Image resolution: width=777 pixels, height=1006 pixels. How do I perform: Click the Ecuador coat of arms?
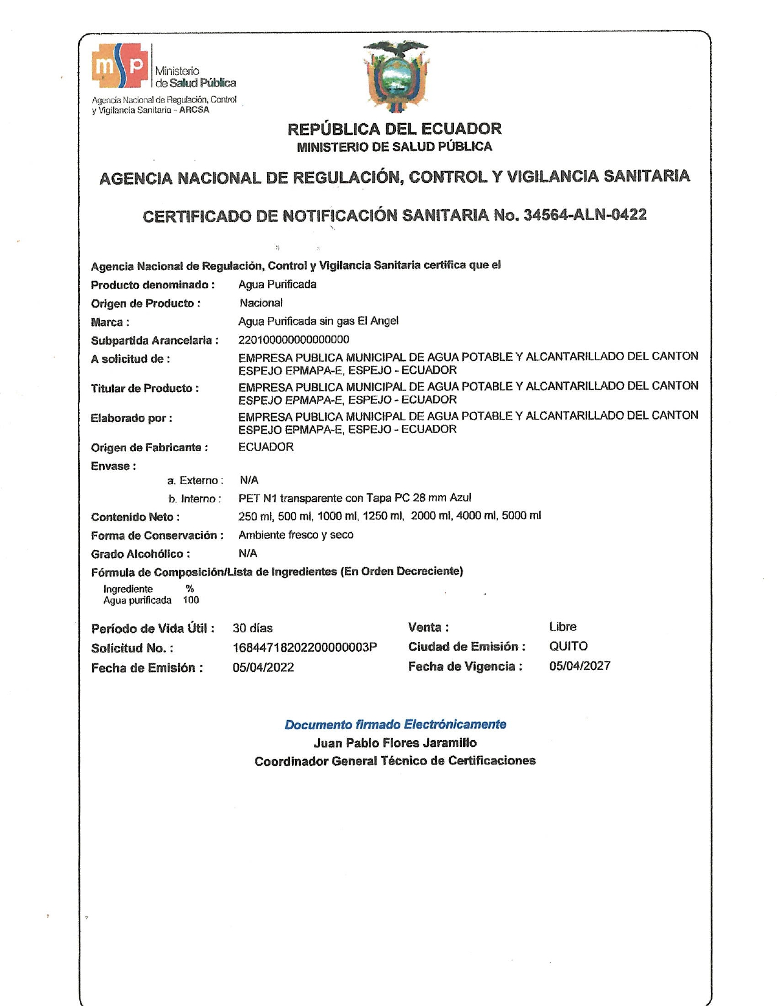(x=396, y=76)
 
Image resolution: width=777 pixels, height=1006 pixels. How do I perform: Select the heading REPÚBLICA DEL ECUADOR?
(x=394, y=129)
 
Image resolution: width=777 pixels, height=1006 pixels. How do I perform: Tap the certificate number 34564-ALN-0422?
(x=584, y=215)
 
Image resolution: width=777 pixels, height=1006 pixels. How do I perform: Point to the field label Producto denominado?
(x=152, y=285)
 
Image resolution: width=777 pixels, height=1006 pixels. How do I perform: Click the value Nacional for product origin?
(x=261, y=303)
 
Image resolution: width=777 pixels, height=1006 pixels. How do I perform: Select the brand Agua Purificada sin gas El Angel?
(x=318, y=321)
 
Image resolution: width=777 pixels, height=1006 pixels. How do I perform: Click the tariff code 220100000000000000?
(x=294, y=340)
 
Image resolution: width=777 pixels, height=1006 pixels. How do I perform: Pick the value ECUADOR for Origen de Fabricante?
(x=266, y=447)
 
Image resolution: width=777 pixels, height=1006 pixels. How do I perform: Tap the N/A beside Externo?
(x=249, y=480)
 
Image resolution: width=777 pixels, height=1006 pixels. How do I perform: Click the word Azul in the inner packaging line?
(x=460, y=498)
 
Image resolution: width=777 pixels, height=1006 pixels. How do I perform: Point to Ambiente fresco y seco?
(x=296, y=535)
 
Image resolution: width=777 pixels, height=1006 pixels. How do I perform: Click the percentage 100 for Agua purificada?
(x=191, y=600)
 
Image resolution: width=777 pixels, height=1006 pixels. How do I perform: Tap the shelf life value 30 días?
(x=252, y=628)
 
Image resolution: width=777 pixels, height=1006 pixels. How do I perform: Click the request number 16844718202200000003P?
(x=305, y=647)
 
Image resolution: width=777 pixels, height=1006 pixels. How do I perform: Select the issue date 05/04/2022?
(x=263, y=667)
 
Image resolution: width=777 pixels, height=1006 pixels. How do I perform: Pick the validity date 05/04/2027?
(x=580, y=666)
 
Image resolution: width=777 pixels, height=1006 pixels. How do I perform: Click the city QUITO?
(x=568, y=646)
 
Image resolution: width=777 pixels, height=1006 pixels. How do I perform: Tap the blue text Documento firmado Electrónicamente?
(x=395, y=724)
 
